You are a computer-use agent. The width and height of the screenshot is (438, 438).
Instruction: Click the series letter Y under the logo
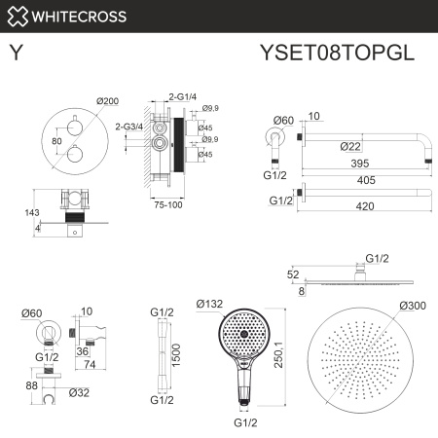coord(17,55)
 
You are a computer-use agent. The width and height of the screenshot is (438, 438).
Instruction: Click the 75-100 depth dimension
coord(169,205)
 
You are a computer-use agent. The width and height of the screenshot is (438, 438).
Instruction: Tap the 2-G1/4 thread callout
coord(183,96)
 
